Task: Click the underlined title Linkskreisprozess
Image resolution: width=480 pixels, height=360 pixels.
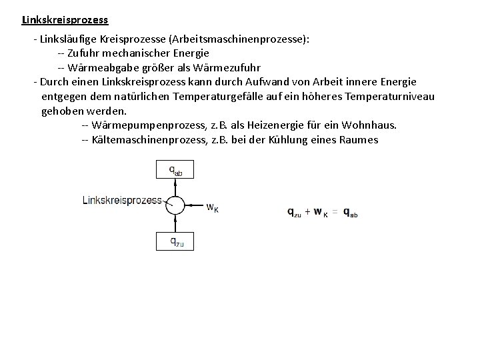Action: pyautogui.click(x=65, y=20)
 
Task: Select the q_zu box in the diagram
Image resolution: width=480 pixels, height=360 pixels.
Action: pyautogui.click(x=175, y=241)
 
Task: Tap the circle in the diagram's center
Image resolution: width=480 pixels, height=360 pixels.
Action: pyautogui.click(x=175, y=205)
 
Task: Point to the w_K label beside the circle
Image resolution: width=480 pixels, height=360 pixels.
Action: pyautogui.click(x=211, y=207)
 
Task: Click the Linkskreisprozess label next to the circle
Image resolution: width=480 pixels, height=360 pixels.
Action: pyautogui.click(x=122, y=199)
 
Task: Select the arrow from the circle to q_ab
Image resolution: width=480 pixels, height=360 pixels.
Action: pyautogui.click(x=175, y=187)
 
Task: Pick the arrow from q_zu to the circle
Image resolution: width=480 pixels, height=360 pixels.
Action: pyautogui.click(x=175, y=223)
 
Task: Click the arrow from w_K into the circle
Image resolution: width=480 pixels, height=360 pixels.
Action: pyautogui.click(x=193, y=205)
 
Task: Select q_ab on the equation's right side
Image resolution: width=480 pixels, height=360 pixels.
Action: pyautogui.click(x=350, y=213)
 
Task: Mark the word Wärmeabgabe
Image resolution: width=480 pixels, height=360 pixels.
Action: pyautogui.click(x=102, y=67)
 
